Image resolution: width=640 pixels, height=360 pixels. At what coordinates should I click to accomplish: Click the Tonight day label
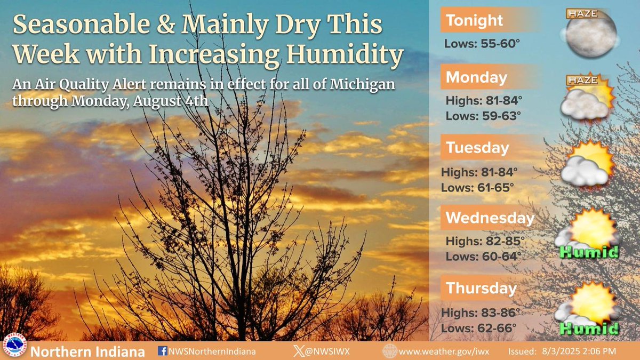coord(474,21)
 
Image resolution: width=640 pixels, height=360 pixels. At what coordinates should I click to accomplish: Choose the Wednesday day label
coord(490,218)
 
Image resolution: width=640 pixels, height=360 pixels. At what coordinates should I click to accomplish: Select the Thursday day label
coord(482,289)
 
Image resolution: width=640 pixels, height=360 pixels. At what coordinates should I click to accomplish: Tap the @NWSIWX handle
coord(326,351)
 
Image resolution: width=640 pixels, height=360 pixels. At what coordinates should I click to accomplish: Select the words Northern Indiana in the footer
coord(87,352)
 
